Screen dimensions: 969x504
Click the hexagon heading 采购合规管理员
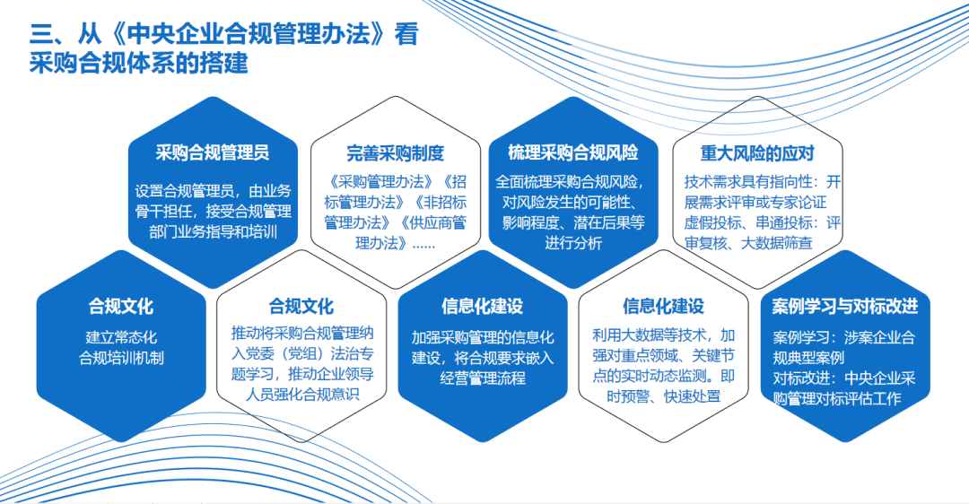point(212,152)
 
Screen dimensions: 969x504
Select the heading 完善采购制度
point(396,153)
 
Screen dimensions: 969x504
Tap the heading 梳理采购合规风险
point(572,152)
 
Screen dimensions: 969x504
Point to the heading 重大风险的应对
point(757,153)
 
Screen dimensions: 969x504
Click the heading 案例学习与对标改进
point(845,307)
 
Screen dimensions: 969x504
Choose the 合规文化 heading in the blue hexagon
point(121,307)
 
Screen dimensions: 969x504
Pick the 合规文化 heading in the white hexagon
point(301,307)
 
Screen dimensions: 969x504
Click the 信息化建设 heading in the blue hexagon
point(483,307)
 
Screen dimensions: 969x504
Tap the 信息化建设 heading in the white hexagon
point(663,307)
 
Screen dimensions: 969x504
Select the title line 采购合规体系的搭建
point(139,63)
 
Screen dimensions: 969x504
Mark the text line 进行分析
point(572,243)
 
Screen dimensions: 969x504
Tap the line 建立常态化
point(121,337)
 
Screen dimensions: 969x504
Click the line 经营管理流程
point(483,378)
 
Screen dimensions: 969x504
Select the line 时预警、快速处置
point(663,396)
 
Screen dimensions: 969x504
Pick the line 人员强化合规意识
point(302,395)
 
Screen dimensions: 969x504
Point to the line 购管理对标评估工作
point(837,399)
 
